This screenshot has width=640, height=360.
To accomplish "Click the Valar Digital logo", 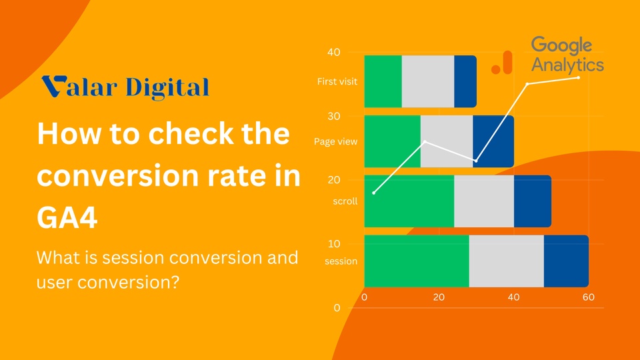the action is [x=125, y=87].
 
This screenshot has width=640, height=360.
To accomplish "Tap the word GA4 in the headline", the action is [x=67, y=217].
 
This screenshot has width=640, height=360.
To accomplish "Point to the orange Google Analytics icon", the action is [x=502, y=63].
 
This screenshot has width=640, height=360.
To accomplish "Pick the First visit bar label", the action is [x=337, y=81].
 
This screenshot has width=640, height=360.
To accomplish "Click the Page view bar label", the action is [x=335, y=141].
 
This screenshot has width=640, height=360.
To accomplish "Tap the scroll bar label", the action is [x=345, y=201].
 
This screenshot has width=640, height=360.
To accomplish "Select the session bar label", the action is [x=341, y=261].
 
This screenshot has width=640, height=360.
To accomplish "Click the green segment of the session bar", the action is [x=417, y=261].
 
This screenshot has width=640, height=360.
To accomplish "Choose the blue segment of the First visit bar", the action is [x=465, y=81].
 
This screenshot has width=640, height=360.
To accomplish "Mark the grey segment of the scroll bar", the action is [x=484, y=201].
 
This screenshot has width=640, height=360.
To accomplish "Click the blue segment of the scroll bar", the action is [x=533, y=201].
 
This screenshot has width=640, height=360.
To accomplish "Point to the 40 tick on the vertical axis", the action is [x=334, y=52].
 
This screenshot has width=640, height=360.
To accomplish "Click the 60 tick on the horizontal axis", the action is [x=589, y=297].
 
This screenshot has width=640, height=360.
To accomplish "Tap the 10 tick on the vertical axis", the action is [x=334, y=244].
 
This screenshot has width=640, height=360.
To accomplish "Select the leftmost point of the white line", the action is [x=374, y=193].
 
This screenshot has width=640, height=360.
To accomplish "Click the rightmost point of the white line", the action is [x=579, y=77].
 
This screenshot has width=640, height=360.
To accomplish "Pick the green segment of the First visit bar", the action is [x=383, y=81].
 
